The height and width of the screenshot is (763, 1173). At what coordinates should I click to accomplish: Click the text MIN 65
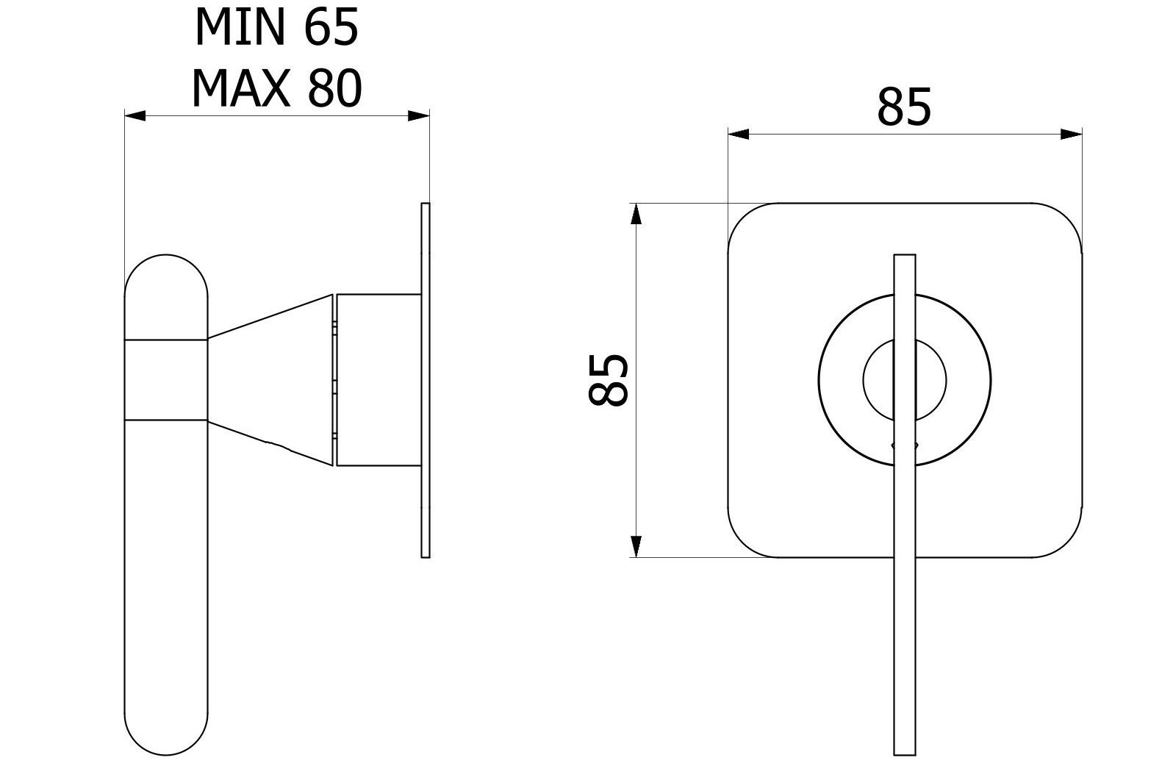point(276,28)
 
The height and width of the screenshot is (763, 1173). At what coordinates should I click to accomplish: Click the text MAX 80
point(276,89)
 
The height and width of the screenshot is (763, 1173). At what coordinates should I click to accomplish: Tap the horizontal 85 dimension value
point(904,108)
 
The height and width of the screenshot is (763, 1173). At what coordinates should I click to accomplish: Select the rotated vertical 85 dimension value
point(608,380)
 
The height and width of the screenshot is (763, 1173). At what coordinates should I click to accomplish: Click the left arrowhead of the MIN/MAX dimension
point(135,115)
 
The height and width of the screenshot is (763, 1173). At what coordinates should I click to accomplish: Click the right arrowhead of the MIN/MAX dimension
point(419,115)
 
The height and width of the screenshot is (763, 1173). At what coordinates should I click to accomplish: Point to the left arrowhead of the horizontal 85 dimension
point(739,135)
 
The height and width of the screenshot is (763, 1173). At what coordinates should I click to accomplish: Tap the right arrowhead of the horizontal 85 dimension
point(1072,135)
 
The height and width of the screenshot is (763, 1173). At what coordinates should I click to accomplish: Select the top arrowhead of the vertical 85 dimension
point(636,214)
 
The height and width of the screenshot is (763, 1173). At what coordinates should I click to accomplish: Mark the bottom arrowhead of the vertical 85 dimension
point(636,546)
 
